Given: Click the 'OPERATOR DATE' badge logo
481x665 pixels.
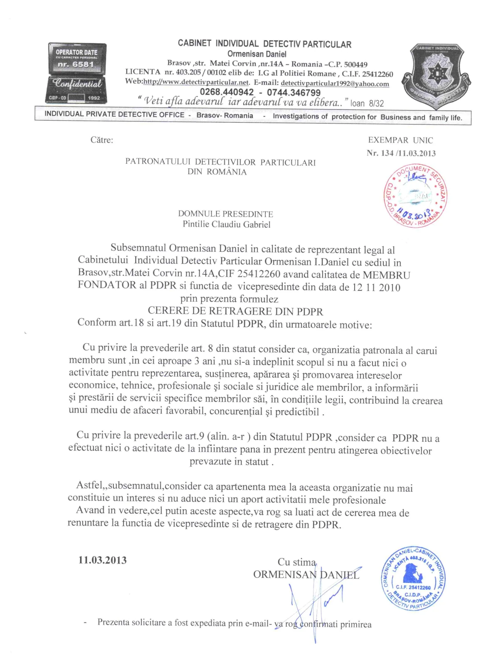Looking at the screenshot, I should [77, 73].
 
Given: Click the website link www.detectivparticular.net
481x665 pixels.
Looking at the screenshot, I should [196, 82].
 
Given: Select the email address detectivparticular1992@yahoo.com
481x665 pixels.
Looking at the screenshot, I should [335, 84].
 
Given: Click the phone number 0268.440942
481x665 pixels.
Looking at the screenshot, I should [227, 92].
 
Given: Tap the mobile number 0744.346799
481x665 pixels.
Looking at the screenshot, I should [294, 92].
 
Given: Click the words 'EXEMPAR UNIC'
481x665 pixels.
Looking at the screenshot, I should [400, 140].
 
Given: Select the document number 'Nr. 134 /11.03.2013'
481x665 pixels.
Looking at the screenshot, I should [401, 153].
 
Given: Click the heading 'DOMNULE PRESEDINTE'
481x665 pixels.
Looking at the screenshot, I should [225, 214].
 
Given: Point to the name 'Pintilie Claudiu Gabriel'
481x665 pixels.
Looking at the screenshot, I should [227, 224].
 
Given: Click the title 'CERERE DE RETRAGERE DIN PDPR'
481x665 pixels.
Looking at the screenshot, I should [235, 311].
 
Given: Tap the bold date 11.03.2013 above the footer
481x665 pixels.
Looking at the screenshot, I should [102, 560].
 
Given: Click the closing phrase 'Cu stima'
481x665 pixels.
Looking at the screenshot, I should [296, 562].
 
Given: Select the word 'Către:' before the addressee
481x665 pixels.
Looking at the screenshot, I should [102, 140].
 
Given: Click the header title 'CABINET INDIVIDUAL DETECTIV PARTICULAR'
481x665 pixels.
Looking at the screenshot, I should [264, 44].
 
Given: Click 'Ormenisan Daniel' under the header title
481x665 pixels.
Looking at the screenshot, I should [257, 54].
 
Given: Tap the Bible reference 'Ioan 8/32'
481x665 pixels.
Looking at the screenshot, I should [367, 103].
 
